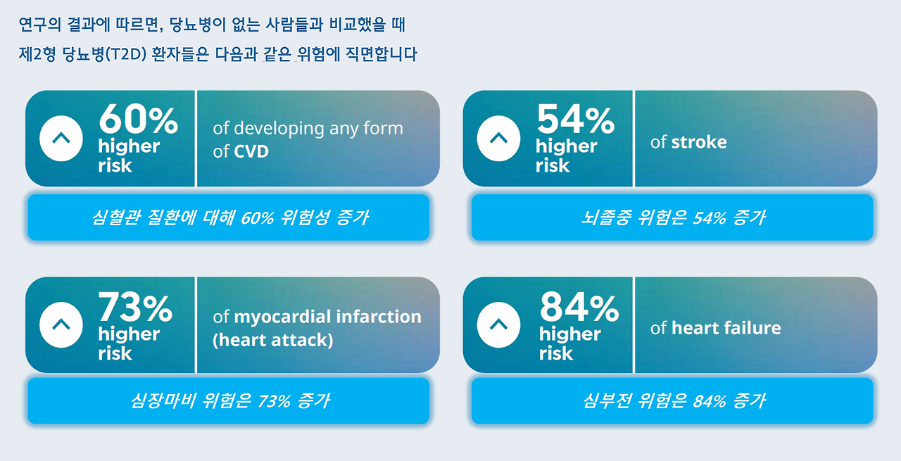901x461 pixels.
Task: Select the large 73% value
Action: point(134,307)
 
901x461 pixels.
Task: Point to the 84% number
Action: point(579,307)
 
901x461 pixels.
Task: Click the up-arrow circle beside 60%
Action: point(61,139)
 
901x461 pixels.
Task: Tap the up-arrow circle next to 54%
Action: point(498,139)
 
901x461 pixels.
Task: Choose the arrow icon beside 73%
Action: point(61,324)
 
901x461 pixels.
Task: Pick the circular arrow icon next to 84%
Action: point(498,324)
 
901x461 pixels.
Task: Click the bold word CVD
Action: point(251,151)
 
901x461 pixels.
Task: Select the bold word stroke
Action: point(698,142)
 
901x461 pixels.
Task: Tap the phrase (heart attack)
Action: point(272,340)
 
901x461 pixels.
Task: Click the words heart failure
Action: point(726,328)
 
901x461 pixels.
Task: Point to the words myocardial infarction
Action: point(327,317)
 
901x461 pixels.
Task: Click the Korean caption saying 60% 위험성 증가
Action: point(229,217)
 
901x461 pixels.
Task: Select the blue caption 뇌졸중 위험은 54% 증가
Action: point(672,217)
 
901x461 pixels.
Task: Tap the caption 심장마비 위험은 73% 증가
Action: point(229,401)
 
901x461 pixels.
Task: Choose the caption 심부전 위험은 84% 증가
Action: point(672,401)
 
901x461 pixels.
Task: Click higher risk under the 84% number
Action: point(569,343)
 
